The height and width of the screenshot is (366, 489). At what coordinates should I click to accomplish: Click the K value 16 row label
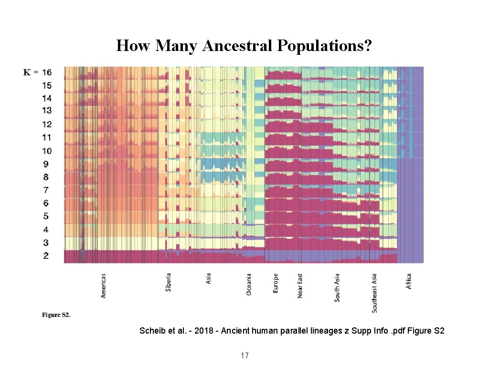pos(46,72)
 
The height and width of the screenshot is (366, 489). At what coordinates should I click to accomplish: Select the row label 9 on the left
pos(46,164)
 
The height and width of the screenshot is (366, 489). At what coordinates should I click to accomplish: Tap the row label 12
pos(46,124)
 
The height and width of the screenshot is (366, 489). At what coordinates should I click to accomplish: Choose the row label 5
pos(46,216)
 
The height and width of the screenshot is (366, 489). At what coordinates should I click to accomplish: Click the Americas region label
pos(104,285)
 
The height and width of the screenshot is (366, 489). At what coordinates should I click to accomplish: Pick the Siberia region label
pos(169,282)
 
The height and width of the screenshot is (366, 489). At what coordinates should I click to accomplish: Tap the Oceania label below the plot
pos(249,284)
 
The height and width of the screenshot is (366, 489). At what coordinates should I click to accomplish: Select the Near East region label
pos(300,285)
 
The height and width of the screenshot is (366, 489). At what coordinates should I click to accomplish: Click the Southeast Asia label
pos(374,293)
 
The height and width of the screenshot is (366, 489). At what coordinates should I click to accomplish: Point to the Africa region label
pos(409,281)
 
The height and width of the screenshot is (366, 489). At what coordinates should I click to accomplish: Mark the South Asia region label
pos(337,287)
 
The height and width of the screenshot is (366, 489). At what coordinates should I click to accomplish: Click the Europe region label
pos(276,283)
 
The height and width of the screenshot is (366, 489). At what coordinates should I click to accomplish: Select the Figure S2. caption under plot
pos(56,315)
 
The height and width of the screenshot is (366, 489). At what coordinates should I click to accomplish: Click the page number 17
pos(244,356)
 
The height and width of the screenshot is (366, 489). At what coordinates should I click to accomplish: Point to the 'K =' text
pos(31,72)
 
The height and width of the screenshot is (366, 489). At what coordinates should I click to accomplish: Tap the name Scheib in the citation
pos(151,330)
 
